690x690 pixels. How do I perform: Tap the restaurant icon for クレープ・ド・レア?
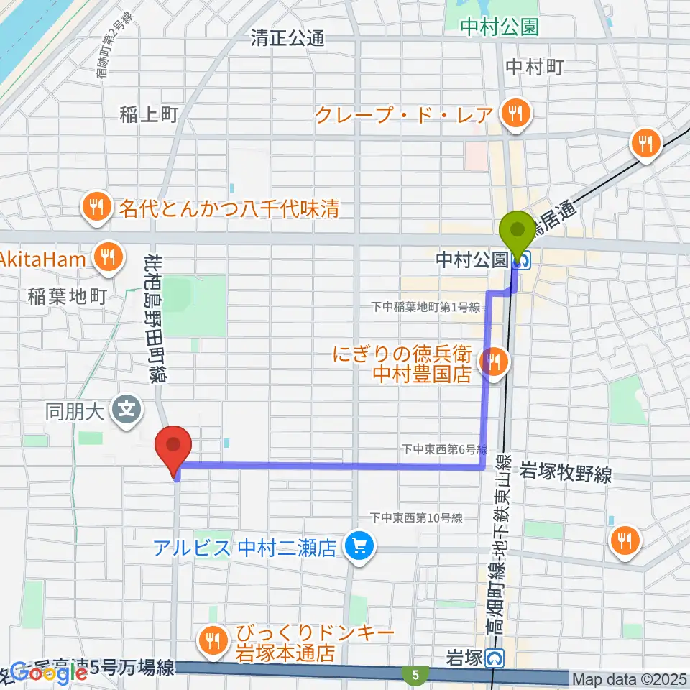coord(515,113)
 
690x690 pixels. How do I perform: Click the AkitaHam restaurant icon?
coord(109,257)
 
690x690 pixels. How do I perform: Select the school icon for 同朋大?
coord(127,411)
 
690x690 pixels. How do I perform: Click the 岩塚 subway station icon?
coord(494,657)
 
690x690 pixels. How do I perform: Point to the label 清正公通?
coord(287,38)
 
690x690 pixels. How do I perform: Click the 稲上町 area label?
coord(149,114)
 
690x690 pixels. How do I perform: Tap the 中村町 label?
coord(534,67)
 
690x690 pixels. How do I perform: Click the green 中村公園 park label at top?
coord(500,27)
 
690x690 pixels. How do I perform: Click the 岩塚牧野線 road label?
coord(568,474)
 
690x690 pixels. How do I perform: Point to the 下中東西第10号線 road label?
coord(416,517)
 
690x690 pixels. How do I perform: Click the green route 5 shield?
coord(416,675)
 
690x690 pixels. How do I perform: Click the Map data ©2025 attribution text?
coord(630,678)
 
